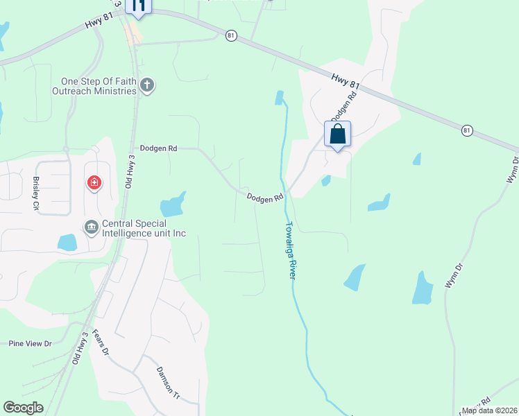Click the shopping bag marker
point(337,135)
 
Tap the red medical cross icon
point(94,184)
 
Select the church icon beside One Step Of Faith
point(146,86)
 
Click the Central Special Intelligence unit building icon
point(91,227)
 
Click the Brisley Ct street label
point(36,193)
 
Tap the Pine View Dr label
point(31,343)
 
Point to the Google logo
point(23,408)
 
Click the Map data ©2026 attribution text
point(489,410)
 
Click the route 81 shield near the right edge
point(467,130)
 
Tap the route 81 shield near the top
point(231,35)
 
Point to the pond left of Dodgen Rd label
point(173,205)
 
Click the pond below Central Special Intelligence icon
point(67,242)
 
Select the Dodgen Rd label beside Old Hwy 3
point(158,148)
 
